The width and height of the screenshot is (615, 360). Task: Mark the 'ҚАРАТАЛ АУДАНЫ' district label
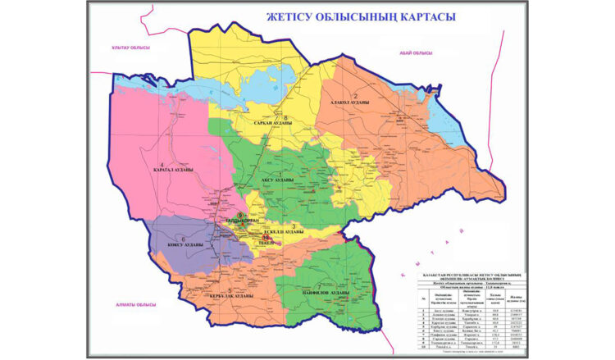171,171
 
